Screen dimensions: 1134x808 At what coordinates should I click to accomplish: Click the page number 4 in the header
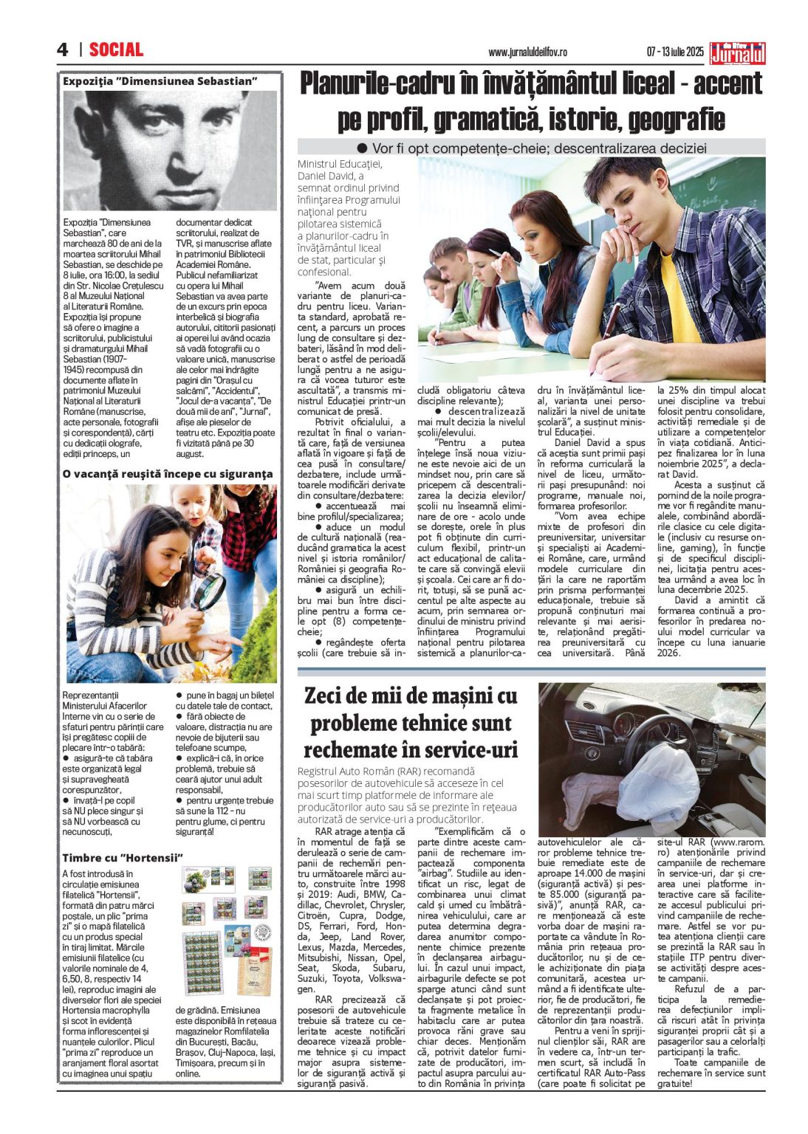63,49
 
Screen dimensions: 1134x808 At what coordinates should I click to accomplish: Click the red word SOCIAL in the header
116,49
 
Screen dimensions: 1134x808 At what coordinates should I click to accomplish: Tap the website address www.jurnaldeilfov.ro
527,52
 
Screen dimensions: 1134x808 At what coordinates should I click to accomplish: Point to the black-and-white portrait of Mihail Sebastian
170,149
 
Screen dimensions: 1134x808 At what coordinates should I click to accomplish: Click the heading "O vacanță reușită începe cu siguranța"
168,473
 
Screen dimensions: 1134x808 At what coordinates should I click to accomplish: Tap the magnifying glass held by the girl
208,589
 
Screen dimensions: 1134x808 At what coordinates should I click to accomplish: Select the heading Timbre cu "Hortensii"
122,857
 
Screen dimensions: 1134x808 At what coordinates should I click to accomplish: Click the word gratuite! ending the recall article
675,1083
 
